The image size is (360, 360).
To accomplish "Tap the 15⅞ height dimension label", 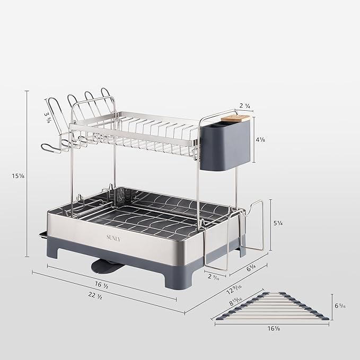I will (18, 175).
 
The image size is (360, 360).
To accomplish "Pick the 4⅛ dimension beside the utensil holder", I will (260, 141).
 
